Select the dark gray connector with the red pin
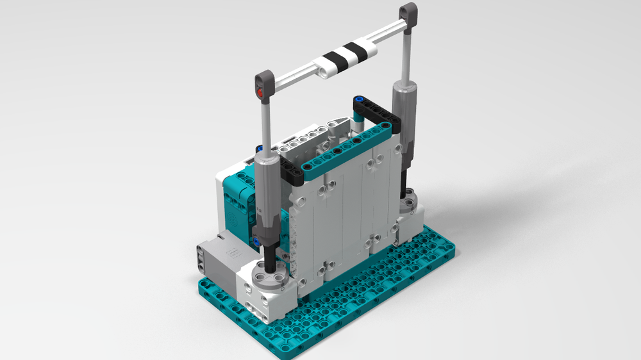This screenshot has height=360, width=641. [x=265, y=83]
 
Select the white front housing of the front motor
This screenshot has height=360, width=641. [x=263, y=291]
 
